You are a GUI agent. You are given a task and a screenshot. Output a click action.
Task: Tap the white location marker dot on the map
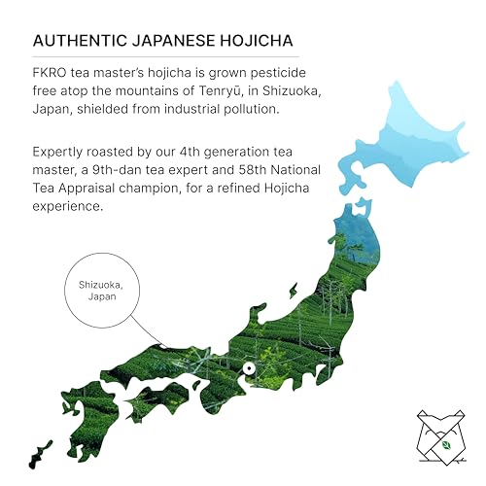coord(250,368)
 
